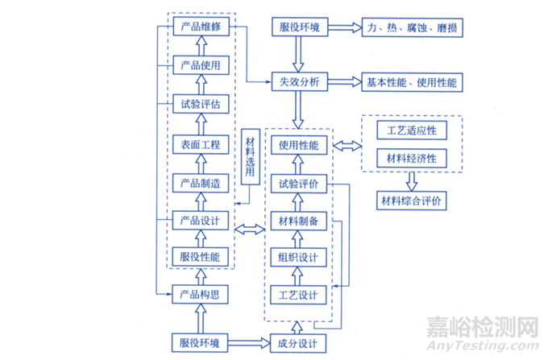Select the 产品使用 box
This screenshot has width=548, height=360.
[x=202, y=65]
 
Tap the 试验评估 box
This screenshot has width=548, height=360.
[x=202, y=103]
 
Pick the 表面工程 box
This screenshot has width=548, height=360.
[x=202, y=144]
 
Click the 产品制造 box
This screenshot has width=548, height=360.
[x=202, y=183]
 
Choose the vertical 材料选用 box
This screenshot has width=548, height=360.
[x=250, y=155]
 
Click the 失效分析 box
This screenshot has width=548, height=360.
[x=299, y=82]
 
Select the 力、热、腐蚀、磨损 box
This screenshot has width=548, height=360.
[x=413, y=28]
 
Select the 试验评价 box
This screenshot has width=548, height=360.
[x=299, y=184]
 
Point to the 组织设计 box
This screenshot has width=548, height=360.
[x=299, y=258]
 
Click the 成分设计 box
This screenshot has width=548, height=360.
[x=299, y=343]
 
